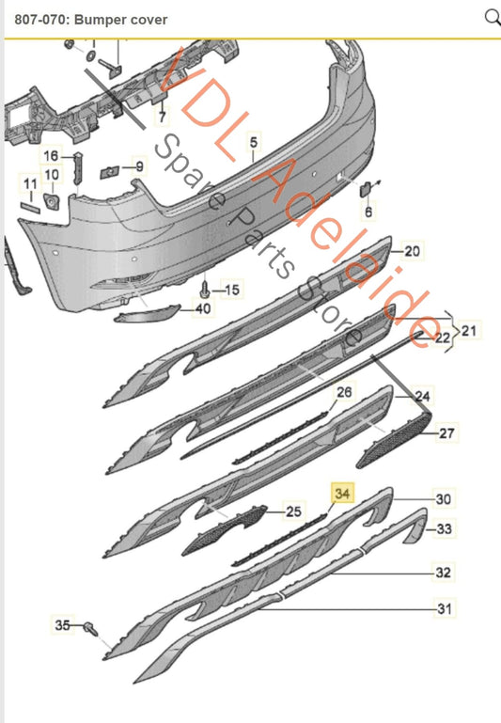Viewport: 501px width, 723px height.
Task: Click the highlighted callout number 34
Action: (340, 492)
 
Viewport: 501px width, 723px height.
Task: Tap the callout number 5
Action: (252, 143)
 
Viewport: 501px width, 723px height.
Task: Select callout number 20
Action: (414, 251)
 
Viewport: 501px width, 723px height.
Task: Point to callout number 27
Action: (446, 433)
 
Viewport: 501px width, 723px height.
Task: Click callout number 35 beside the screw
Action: (63, 624)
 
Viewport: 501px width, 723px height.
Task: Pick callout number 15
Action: (231, 289)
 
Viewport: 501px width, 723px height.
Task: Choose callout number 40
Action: (203, 308)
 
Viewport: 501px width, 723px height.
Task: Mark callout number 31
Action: (443, 609)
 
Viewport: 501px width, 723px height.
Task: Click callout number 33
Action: (444, 529)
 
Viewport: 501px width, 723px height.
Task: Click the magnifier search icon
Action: (492, 16)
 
